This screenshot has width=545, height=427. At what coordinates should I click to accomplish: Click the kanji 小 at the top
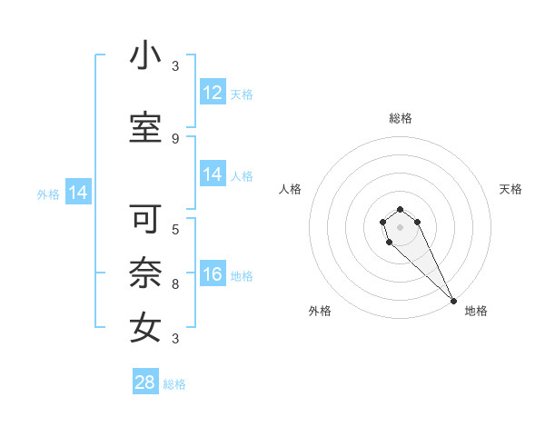pos(145,55)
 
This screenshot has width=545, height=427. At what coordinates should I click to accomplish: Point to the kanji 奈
pos(145,273)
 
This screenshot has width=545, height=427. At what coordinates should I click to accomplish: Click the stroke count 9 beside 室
pos(175,139)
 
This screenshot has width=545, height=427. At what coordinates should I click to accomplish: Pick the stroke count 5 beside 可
pos(175,230)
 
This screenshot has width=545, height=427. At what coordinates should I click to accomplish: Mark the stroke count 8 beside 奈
pos(175,284)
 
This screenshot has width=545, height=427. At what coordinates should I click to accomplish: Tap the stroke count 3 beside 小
pos(175,66)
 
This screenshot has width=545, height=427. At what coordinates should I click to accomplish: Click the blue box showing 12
pos(213,93)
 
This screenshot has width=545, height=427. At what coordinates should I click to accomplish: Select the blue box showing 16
pos(213,274)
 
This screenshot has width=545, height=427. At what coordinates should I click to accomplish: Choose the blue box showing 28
pos(144,382)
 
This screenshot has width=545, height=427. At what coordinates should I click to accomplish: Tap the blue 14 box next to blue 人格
pos(213,174)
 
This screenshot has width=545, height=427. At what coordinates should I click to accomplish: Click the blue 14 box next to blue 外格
pos(77,193)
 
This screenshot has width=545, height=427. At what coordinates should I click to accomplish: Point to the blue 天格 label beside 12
pos(242,94)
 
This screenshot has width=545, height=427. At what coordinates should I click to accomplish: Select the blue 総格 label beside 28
pos(174,384)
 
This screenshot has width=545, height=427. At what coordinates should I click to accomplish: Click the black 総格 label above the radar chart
pos(401,118)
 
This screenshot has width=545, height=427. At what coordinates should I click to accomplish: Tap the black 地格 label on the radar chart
pos(476,312)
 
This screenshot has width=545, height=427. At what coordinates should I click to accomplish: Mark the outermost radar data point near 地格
pos(453,301)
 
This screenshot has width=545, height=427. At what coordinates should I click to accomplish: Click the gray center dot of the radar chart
pos(400,227)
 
